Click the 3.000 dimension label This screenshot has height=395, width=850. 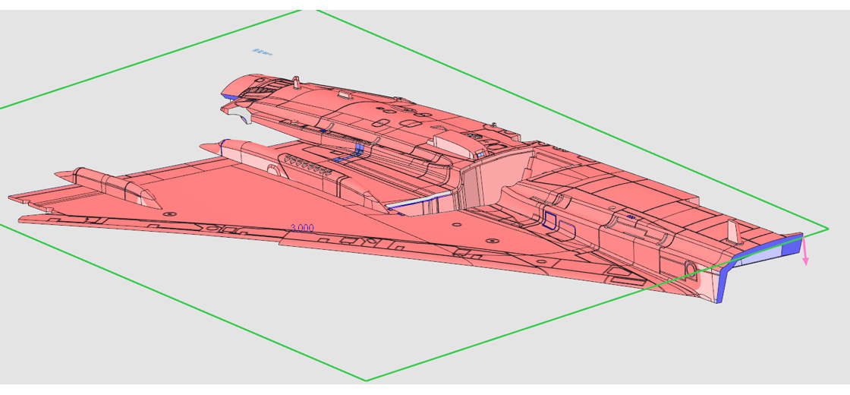click(302, 228)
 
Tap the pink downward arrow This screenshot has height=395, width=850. click(805, 254)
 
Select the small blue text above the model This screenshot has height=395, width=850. click(262, 52)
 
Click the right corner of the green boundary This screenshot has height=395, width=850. click(828, 227)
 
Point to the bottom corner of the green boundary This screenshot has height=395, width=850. click(367, 380)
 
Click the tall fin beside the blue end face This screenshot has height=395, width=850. click(733, 230)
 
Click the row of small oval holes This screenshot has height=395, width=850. click(310, 166)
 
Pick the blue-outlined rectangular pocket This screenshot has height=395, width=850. click(550, 220)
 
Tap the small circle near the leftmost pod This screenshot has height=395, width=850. click(168, 214)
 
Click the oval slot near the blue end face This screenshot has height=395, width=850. click(690, 268)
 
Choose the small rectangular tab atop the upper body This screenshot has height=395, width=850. click(343, 95)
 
